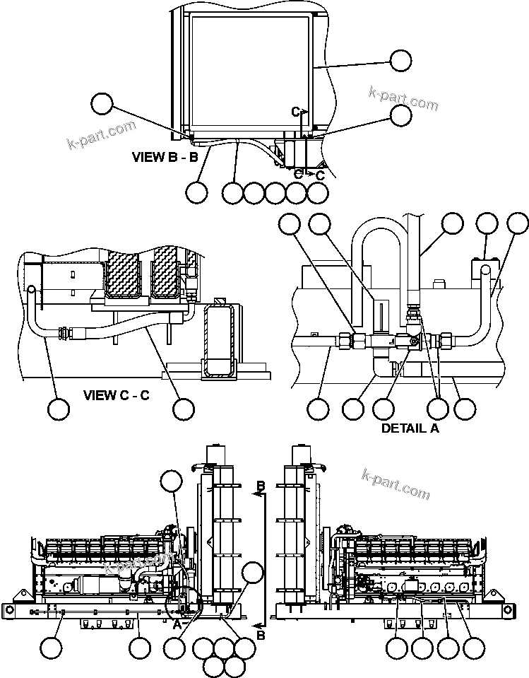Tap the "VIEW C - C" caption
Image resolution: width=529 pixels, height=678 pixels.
(117, 394)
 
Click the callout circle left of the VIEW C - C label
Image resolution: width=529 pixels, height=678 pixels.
(58, 409)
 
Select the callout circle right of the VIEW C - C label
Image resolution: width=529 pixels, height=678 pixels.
(184, 408)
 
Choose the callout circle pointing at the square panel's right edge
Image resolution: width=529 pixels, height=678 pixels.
(400, 60)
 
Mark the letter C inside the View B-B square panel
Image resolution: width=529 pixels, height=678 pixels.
(297, 111)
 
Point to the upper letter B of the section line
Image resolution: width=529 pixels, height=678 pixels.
(260, 486)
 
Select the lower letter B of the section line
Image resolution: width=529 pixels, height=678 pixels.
(261, 636)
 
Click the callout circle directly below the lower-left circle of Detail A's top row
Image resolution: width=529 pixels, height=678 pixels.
(318, 408)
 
